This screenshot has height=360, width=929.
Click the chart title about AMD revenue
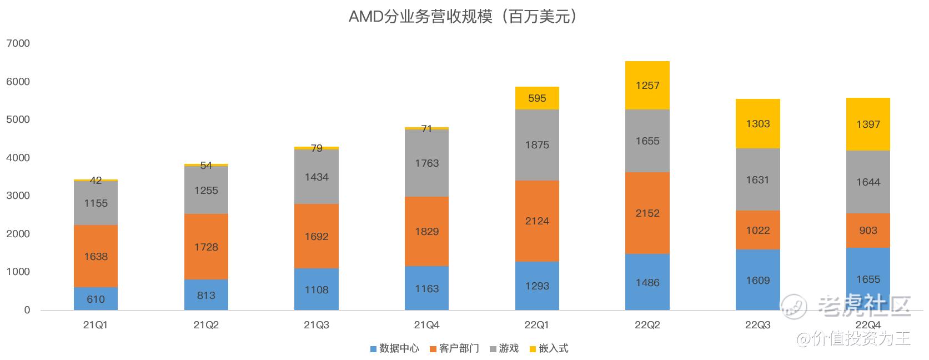tap(464, 17)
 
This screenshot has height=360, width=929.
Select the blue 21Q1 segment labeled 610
tap(96, 299)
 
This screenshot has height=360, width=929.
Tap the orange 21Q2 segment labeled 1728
tap(206, 247)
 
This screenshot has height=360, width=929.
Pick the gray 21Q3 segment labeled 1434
tap(317, 177)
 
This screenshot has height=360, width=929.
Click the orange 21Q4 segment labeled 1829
tap(426, 231)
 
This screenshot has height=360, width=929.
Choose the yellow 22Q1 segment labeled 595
tap(537, 98)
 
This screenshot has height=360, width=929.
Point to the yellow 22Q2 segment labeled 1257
tap(647, 86)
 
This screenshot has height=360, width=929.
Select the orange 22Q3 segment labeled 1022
tap(757, 230)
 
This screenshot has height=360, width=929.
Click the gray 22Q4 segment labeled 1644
tap(868, 182)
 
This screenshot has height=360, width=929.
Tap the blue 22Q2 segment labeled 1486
tap(647, 282)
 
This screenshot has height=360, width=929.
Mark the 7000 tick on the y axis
tap(18, 43)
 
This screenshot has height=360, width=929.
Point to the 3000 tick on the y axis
tap(18, 196)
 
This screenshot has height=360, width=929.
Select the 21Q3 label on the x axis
tap(317, 325)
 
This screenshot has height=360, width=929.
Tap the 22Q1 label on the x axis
tap(537, 325)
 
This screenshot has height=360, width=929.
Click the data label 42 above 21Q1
tap(96, 181)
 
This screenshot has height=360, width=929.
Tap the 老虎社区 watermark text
tap(865, 306)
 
